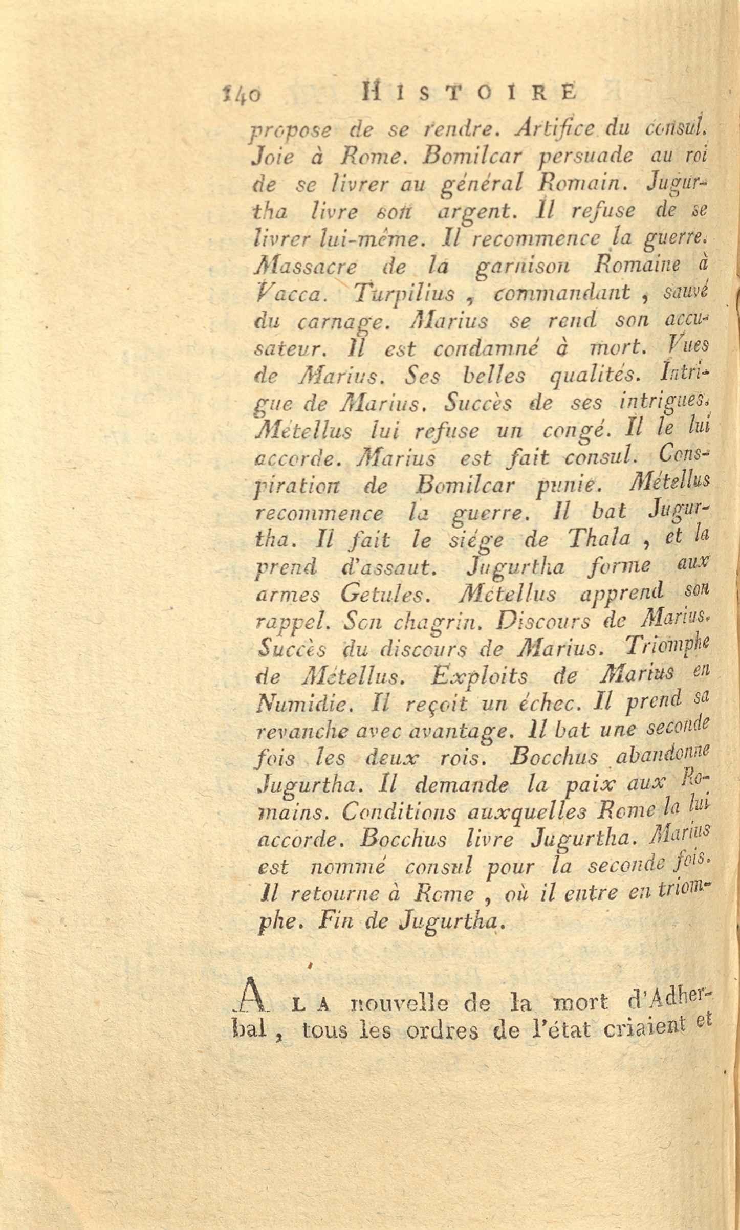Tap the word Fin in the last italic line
pyautogui.click(x=335, y=922)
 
